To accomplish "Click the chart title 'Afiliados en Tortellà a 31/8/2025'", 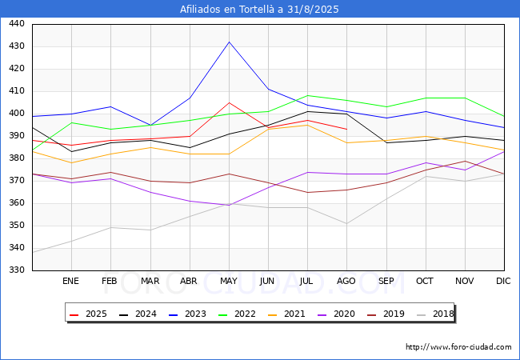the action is coord(259,10).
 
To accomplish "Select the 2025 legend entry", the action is coord(88,314).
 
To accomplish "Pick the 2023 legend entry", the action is coord(187,314).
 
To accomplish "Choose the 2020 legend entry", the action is coord(336,314).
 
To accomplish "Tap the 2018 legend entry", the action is coord(435,314).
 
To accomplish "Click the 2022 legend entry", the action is coord(237,314).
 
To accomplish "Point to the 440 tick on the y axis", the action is coord(17,23).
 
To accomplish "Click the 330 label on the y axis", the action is coord(17,270).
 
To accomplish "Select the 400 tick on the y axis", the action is coord(17,113).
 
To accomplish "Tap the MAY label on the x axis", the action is coord(229,281).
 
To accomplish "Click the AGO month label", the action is coord(346,281).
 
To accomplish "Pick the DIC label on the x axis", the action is coord(503,281).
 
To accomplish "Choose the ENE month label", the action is coord(70,281).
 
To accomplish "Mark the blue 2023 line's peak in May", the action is coord(229,42).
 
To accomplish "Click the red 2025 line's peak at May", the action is coord(229,102).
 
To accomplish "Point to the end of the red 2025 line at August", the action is coord(347,130).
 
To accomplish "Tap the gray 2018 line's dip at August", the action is coord(347,223).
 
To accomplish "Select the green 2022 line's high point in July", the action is coord(308,95).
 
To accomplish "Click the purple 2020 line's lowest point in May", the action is coord(229,205).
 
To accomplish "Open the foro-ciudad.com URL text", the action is coord(458,347).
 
